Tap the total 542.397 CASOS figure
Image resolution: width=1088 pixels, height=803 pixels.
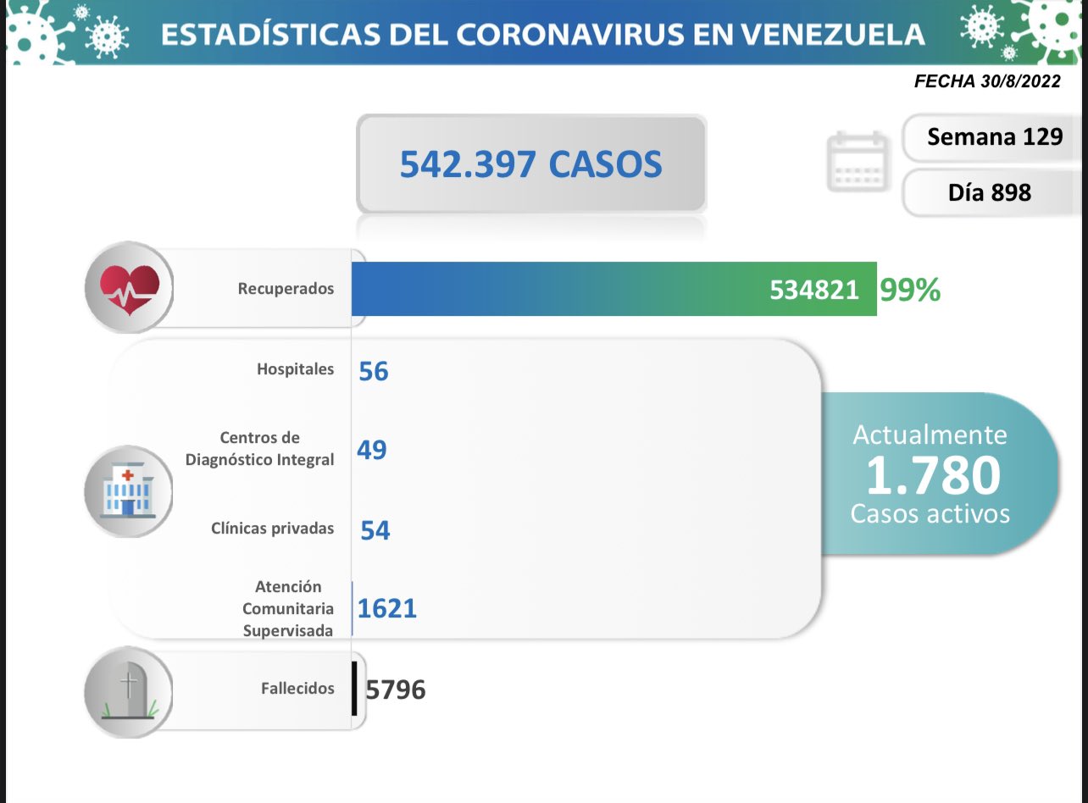(x=530, y=164)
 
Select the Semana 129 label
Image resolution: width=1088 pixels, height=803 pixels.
(x=994, y=136)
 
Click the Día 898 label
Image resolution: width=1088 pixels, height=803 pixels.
(x=989, y=192)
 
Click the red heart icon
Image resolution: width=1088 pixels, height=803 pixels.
(x=129, y=288)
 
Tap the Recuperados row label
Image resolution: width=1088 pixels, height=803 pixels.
(x=286, y=289)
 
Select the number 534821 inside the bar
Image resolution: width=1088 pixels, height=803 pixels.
(x=813, y=290)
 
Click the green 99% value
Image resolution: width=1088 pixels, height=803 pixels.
(x=910, y=290)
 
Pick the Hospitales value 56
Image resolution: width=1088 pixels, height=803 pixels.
(x=373, y=371)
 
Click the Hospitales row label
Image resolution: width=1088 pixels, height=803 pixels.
(x=295, y=369)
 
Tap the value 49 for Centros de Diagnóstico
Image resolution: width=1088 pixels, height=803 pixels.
(x=372, y=450)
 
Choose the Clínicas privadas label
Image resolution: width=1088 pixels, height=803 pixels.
(x=272, y=529)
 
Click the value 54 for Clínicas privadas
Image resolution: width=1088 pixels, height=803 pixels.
(x=375, y=530)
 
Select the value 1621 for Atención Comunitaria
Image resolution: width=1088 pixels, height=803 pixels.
(x=387, y=608)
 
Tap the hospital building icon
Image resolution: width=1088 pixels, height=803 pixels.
(x=127, y=491)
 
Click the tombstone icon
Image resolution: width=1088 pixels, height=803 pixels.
(x=129, y=689)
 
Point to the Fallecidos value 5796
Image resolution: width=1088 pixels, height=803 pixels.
(x=396, y=689)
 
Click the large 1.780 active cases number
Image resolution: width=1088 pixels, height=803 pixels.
(x=931, y=475)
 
